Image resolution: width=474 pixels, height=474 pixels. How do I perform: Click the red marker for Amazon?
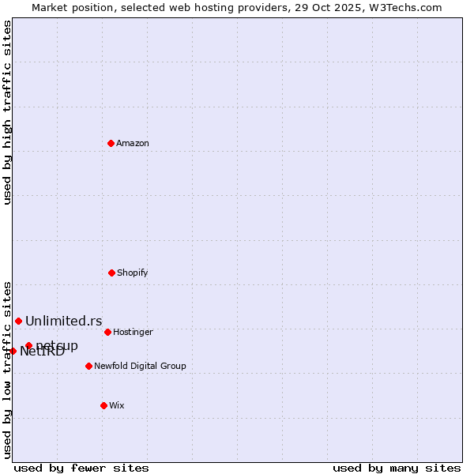point(111,143)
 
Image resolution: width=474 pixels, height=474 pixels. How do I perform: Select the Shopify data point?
point(111,273)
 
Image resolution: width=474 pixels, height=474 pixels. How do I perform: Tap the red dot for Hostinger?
point(107,332)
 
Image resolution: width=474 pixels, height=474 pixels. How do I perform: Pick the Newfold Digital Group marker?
point(88,366)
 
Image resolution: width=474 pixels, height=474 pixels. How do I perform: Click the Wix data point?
point(103,405)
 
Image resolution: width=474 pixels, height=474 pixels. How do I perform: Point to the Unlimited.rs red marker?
point(18,321)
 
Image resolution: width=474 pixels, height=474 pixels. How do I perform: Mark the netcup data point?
point(28,345)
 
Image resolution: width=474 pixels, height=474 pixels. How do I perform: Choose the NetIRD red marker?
point(13,351)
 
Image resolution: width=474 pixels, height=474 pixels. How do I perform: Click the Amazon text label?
point(133,143)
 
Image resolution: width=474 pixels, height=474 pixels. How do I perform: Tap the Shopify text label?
point(133,273)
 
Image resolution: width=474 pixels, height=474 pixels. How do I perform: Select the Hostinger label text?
point(133,332)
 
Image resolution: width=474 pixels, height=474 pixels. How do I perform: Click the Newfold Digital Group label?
point(140,366)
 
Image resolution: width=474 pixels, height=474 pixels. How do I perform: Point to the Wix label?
point(117,405)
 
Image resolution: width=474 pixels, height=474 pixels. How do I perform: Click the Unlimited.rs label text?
point(64,321)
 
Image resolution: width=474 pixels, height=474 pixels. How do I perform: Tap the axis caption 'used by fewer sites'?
point(81,468)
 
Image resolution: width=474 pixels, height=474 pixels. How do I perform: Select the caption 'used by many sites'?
point(397,468)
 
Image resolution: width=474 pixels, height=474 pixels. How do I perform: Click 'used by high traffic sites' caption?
point(8,112)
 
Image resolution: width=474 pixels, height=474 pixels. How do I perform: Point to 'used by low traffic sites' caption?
point(8,369)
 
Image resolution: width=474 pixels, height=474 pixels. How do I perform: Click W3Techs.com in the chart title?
point(406,7)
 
